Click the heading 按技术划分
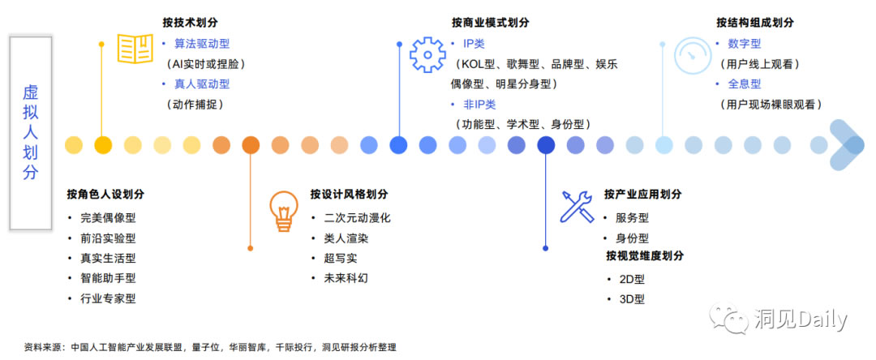point(195,22)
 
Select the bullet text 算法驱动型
point(202,44)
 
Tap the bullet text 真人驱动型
point(202,84)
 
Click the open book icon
point(135,48)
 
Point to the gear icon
point(427,54)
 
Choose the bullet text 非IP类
point(478,105)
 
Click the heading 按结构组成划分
point(754,22)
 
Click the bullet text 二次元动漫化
point(357,218)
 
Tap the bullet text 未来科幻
point(346,278)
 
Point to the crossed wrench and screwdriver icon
point(577,207)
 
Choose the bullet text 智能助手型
point(108,278)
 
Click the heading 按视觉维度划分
point(644,256)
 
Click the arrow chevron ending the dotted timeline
point(848,144)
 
